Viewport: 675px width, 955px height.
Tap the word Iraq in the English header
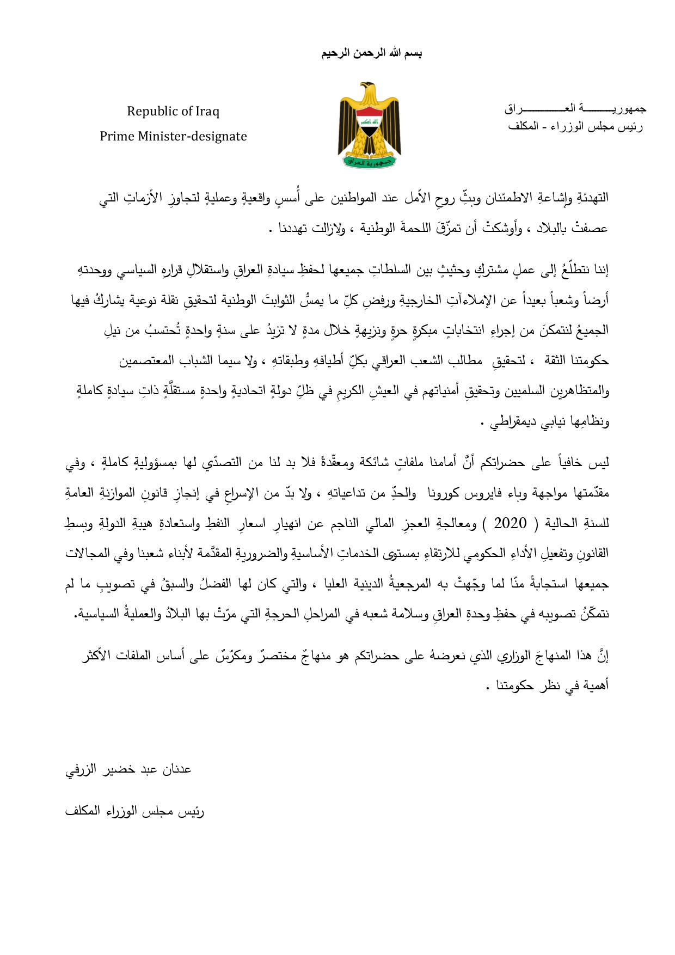(207, 112)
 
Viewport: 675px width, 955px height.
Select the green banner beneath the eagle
(370, 161)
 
